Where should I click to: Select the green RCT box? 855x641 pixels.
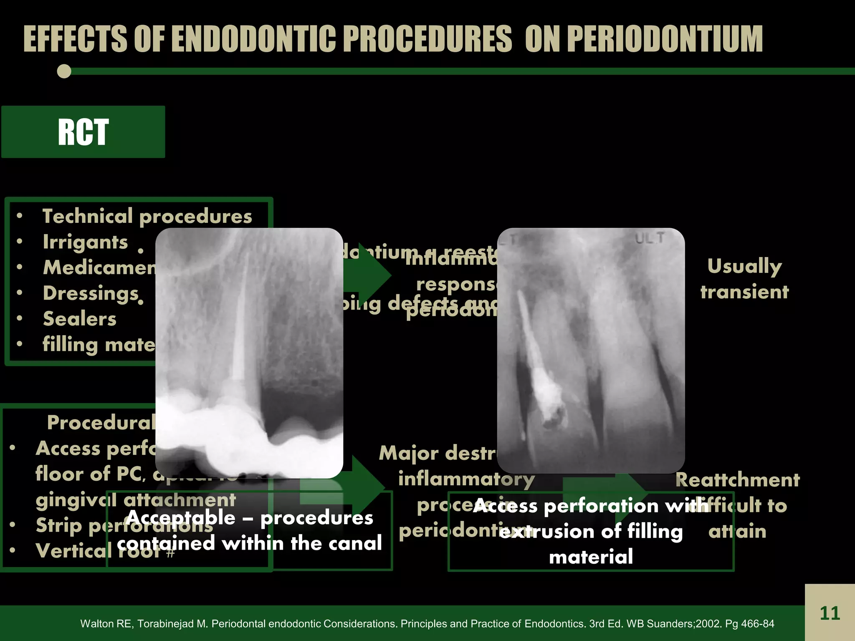[x=83, y=132]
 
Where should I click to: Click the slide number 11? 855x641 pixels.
[x=830, y=613]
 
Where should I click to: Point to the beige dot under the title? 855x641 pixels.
[x=64, y=71]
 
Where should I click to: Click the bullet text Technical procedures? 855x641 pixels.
[x=147, y=216]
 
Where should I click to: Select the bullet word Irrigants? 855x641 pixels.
[x=86, y=242]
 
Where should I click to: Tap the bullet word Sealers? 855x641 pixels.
[x=80, y=319]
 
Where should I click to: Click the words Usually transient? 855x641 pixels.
[x=744, y=279]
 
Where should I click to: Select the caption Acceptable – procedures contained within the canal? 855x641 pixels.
[x=249, y=530]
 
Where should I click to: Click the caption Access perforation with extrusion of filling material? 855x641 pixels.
[x=591, y=531]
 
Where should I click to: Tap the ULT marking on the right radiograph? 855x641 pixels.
[x=650, y=238]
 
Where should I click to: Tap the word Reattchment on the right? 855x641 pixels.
[x=737, y=480]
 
